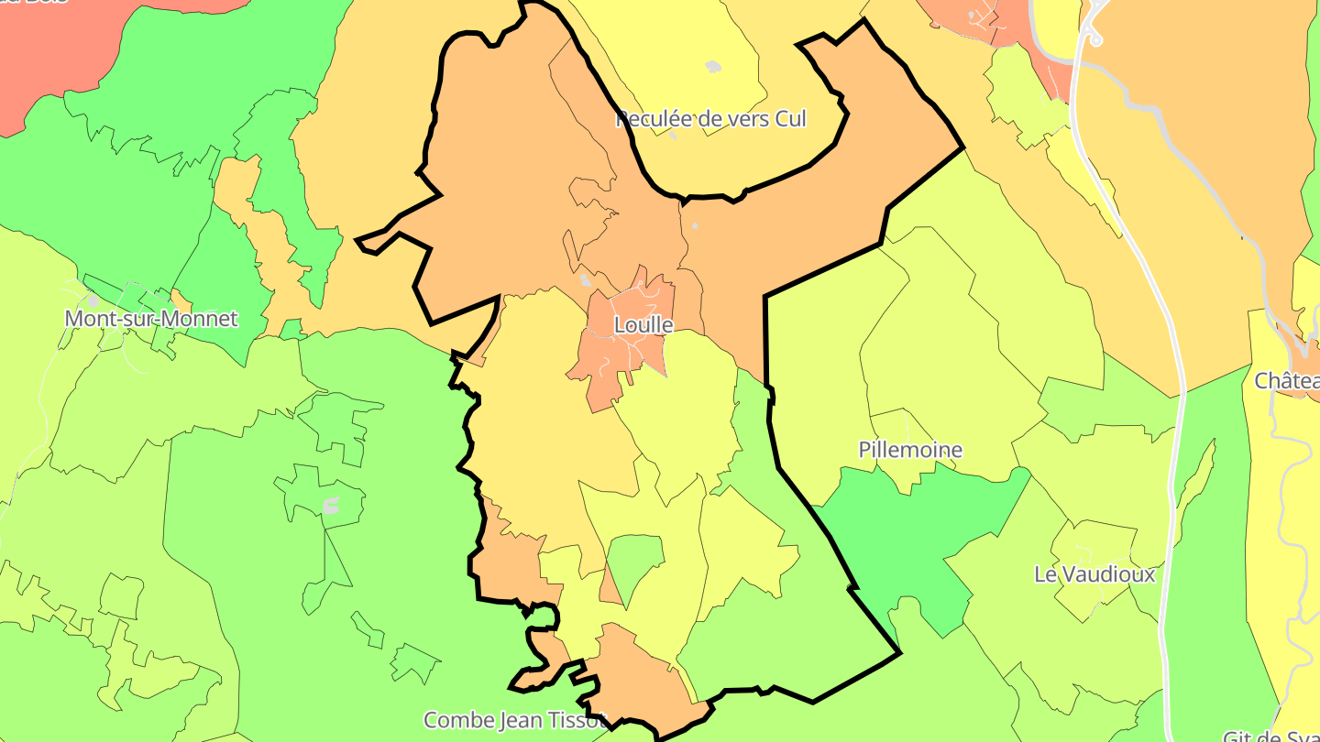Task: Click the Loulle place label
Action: click(x=643, y=325)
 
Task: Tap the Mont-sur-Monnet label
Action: click(x=151, y=319)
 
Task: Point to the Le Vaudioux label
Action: click(x=1094, y=574)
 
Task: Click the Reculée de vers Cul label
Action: click(x=711, y=119)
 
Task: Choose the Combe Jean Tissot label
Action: click(x=513, y=719)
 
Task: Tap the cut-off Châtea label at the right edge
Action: click(x=1287, y=380)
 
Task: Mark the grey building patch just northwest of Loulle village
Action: click(x=586, y=279)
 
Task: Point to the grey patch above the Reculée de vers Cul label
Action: click(x=713, y=66)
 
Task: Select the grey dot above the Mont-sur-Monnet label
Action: click(x=92, y=300)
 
